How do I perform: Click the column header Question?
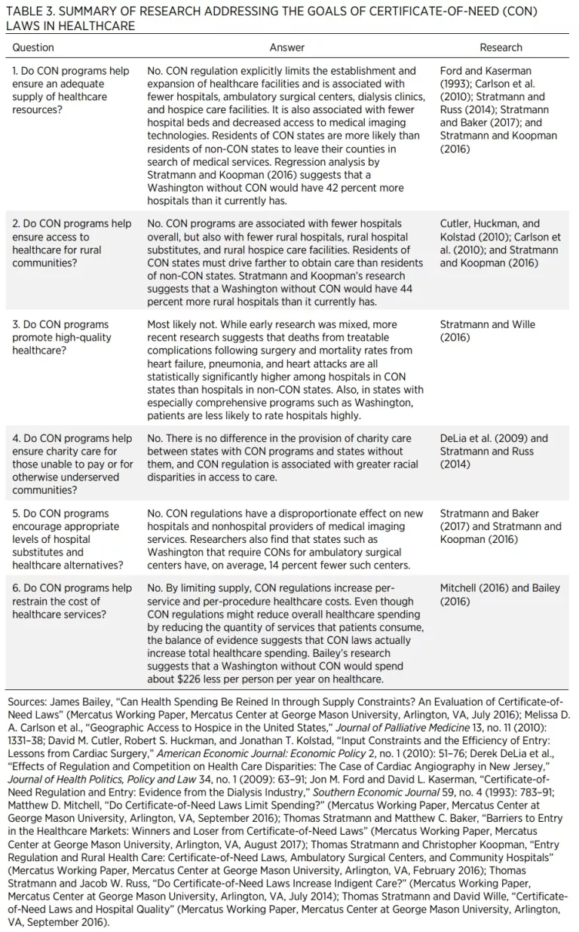pos(33,48)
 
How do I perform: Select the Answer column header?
pos(287,48)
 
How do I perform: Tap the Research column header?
pos(501,48)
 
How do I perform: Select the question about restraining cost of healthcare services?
pos(71,602)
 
